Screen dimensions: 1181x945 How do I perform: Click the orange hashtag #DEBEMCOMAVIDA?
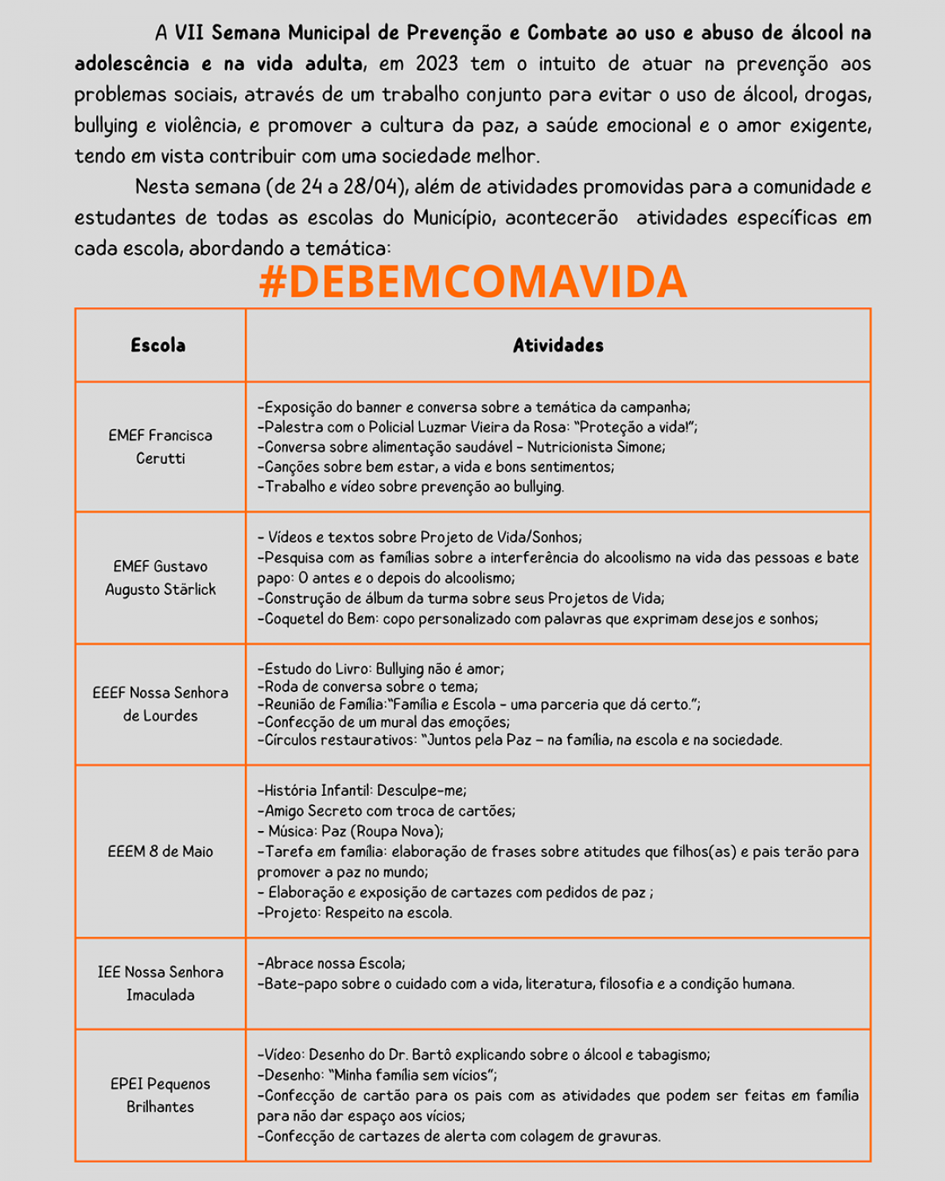point(472,282)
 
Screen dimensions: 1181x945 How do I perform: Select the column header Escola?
point(158,345)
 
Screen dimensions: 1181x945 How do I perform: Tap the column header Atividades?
point(558,345)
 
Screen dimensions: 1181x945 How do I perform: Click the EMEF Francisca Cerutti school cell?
point(160,447)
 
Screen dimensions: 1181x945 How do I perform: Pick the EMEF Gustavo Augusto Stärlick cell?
point(160,578)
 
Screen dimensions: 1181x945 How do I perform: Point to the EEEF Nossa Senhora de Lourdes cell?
point(160,704)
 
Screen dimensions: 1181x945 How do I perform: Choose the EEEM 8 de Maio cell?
point(160,852)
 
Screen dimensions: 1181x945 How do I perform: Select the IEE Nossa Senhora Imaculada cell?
point(160,984)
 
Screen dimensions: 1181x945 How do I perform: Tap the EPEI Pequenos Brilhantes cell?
point(160,1095)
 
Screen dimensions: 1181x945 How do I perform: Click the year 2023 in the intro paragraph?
point(436,64)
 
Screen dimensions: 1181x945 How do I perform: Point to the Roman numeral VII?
point(189,33)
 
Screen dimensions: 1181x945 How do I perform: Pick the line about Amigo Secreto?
point(390,811)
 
